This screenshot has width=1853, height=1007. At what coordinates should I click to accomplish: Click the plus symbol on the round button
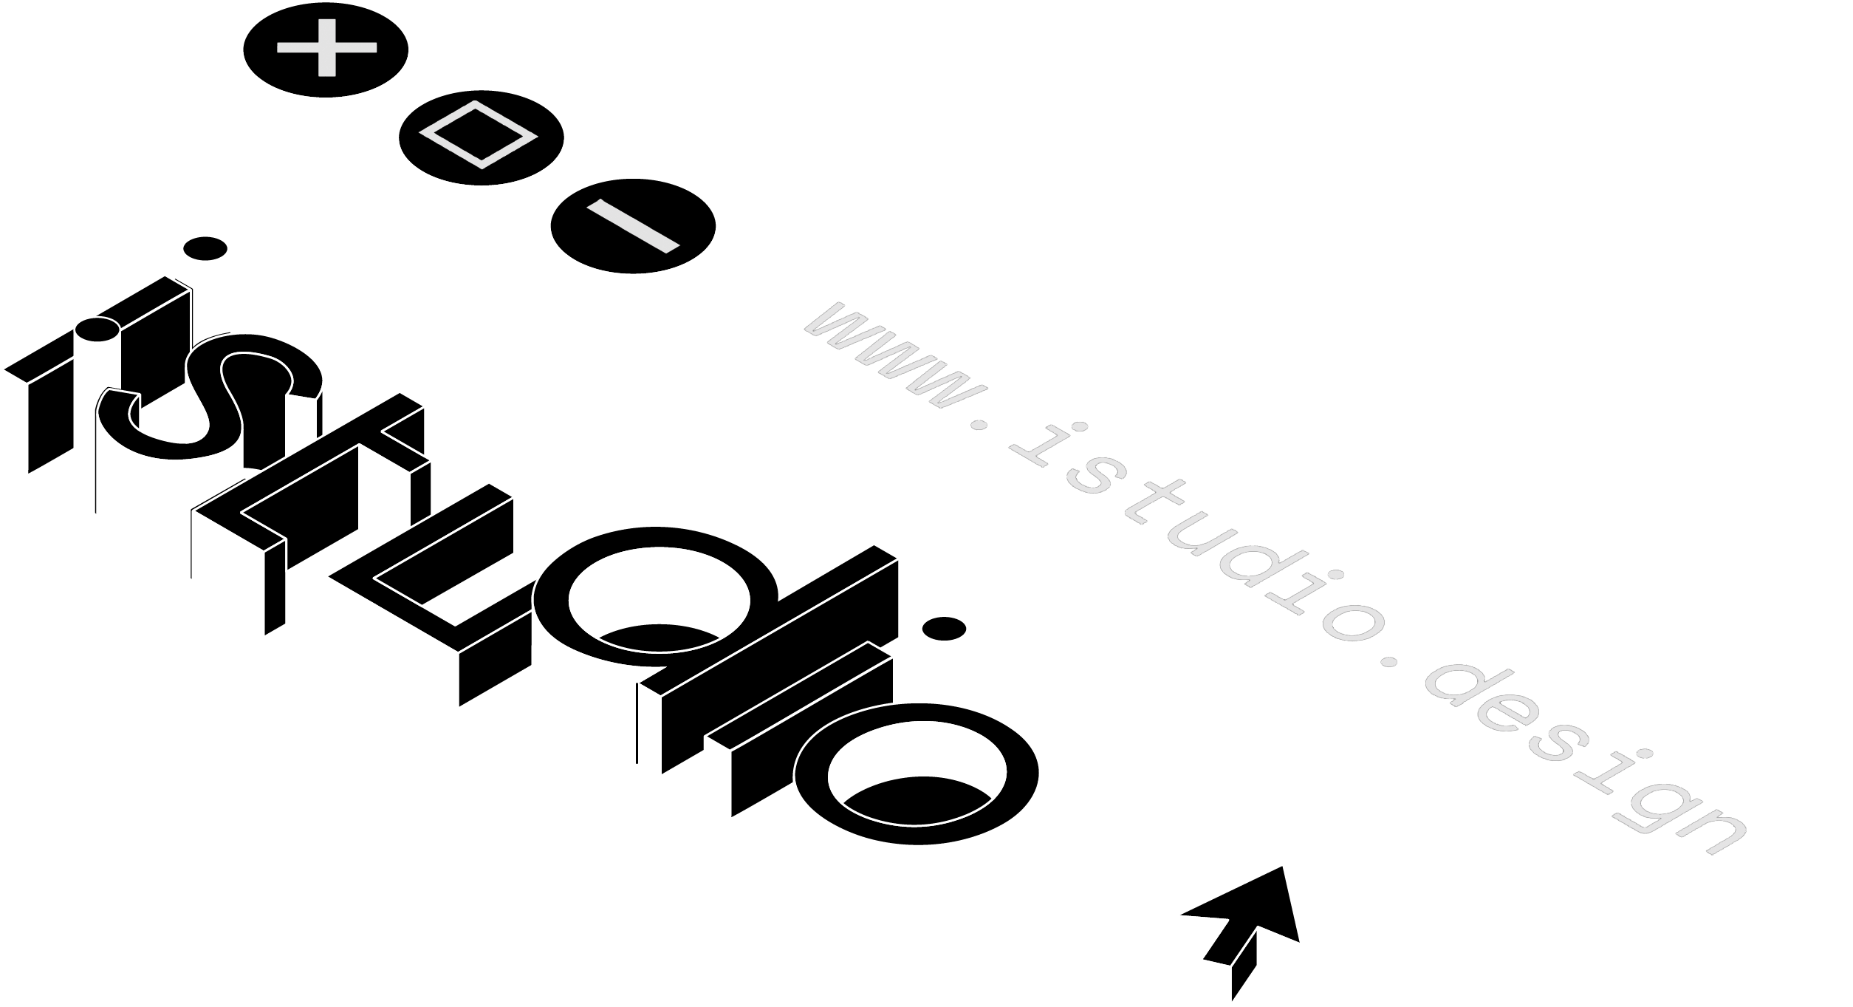click(326, 47)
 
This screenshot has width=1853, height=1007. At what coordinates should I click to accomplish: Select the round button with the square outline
click(482, 134)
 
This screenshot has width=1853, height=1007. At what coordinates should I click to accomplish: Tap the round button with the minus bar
click(631, 225)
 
